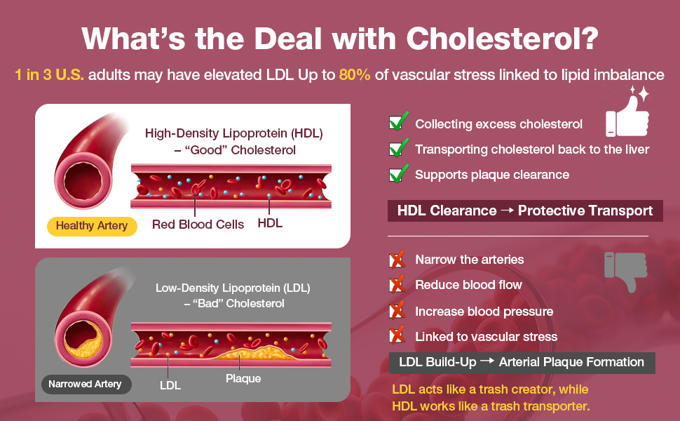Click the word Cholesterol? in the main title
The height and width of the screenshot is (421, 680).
(x=502, y=39)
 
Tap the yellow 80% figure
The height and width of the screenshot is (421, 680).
(x=354, y=74)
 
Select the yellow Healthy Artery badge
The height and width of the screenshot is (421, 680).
(x=92, y=226)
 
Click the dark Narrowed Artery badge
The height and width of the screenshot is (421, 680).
(x=86, y=384)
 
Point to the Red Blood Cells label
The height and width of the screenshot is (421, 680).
(x=198, y=225)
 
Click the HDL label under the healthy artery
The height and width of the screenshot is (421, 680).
(x=270, y=223)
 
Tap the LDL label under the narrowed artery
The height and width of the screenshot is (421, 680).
(x=170, y=385)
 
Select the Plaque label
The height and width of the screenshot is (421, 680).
(x=243, y=378)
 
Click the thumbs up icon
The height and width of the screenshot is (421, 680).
(x=627, y=113)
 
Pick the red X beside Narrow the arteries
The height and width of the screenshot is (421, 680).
(x=397, y=259)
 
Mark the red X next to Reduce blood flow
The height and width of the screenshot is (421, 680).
(x=397, y=284)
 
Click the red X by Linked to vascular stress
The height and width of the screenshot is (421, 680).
(x=397, y=335)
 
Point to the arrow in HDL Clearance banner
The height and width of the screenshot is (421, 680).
(x=507, y=210)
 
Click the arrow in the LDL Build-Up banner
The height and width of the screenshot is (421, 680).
(x=487, y=361)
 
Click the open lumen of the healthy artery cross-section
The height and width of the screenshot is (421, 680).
(x=83, y=182)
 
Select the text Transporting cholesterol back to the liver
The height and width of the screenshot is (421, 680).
(x=531, y=149)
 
